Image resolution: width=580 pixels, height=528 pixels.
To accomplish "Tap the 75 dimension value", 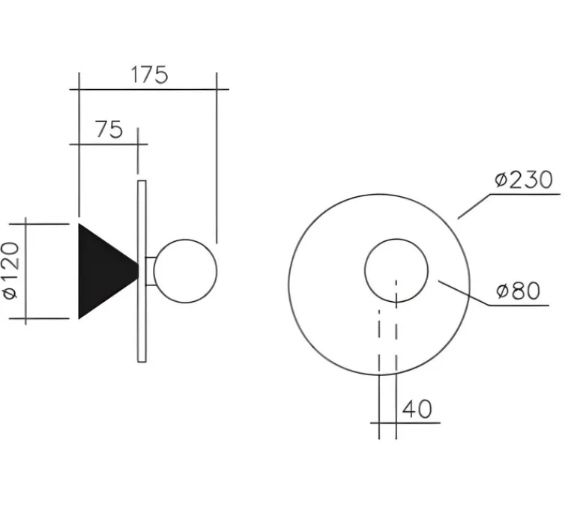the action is (x=109, y=130).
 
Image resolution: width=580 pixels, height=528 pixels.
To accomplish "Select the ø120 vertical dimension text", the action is (x=11, y=270).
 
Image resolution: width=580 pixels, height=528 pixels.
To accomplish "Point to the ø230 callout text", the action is (x=523, y=180).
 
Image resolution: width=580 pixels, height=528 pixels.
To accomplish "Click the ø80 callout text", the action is (x=518, y=291).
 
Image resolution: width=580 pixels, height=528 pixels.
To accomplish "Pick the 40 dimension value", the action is (x=417, y=409).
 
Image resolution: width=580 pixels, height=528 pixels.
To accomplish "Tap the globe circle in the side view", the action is (x=185, y=271).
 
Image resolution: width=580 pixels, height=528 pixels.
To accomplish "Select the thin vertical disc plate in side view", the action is (x=142, y=271).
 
